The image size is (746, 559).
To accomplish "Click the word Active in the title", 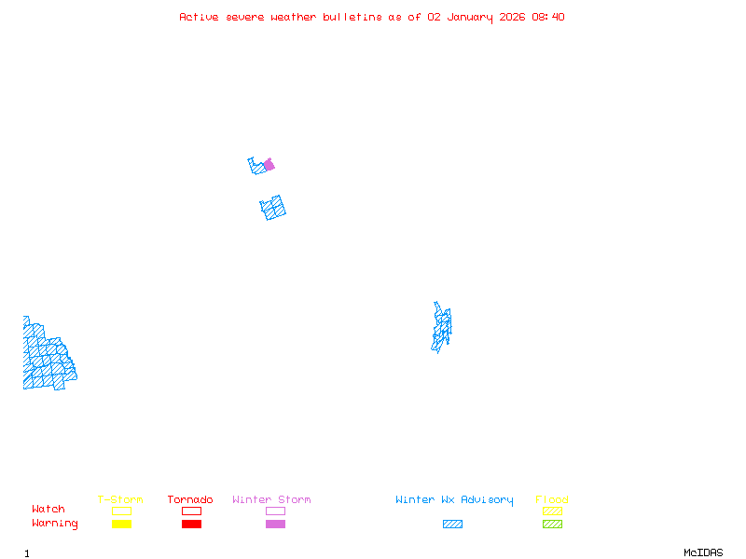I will tap(200, 17).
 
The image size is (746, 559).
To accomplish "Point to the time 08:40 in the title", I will tap(548, 17).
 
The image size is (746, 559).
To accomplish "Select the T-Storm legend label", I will tap(120, 500).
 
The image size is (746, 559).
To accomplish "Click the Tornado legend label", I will tap(190, 500).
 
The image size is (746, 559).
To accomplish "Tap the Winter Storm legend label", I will tap(271, 500).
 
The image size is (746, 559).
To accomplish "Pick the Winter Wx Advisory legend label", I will tap(454, 500).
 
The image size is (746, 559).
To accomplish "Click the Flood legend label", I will tap(552, 500).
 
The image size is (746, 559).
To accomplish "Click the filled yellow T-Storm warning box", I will tap(121, 525).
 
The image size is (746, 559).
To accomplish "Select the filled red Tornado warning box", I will tap(191, 525).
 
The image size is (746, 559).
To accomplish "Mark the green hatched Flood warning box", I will tap(552, 525).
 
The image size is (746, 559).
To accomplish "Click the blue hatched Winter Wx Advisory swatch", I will tap(452, 525).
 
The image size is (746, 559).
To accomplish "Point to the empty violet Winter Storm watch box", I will tap(275, 511).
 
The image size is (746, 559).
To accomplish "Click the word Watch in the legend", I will tap(48, 510).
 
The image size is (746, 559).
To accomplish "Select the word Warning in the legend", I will tap(55, 524).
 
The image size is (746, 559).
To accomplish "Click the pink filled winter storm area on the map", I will tap(269, 165).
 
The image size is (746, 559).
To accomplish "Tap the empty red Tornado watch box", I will tap(191, 511).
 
